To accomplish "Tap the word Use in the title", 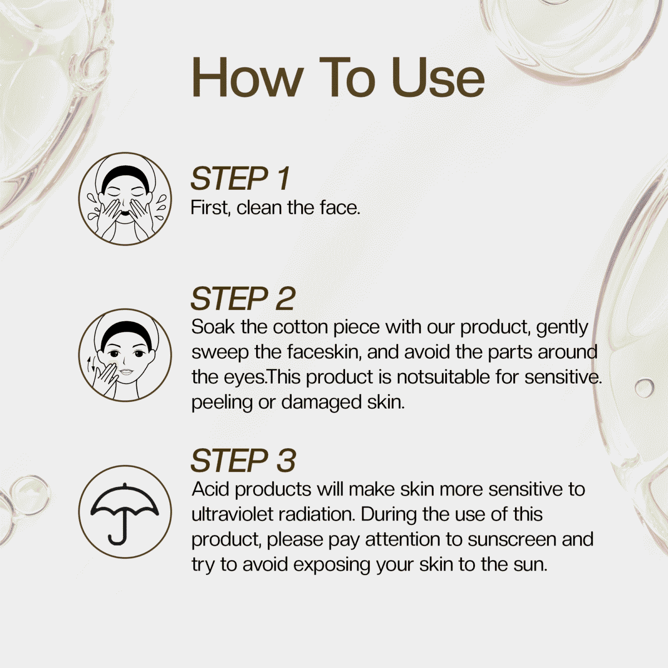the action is [x=438, y=77].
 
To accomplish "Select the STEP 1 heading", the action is [x=240, y=179].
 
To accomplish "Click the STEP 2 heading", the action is [x=243, y=298].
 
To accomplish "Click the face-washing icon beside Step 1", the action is [x=125, y=199].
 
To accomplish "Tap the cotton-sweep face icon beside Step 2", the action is [x=125, y=355].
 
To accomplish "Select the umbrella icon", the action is [x=125, y=512].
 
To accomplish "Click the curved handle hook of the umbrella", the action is [x=116, y=540].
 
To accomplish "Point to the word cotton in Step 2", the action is [x=300, y=327].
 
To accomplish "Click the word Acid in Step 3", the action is [x=211, y=489].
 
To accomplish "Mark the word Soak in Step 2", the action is [x=213, y=327].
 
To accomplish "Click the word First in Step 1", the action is [x=210, y=208].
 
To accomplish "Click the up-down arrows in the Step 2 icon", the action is [x=91, y=364].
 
